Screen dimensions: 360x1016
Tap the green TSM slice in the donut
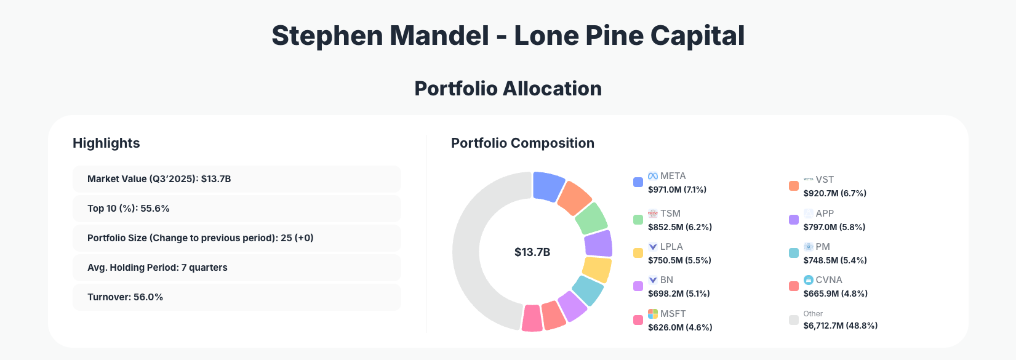[591, 218]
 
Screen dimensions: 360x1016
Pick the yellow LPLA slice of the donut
[596, 270]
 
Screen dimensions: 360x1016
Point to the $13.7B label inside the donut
[532, 252]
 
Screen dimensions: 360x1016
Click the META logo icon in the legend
[653, 176]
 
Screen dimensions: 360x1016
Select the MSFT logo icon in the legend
[653, 314]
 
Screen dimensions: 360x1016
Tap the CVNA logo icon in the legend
[809, 280]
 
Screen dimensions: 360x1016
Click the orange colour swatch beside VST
[794, 186]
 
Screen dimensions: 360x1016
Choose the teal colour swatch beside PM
[794, 253]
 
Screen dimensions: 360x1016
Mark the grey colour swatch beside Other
[794, 320]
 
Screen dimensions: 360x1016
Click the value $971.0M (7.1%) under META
[677, 190]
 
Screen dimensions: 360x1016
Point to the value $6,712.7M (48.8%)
[840, 326]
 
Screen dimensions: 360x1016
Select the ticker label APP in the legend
[825, 214]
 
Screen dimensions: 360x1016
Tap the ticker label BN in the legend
[666, 280]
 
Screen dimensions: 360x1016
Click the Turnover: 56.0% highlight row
[236, 297]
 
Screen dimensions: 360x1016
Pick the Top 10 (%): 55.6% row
[236, 209]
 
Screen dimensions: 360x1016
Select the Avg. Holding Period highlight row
[236, 268]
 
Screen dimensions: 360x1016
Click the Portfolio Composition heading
[522, 143]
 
